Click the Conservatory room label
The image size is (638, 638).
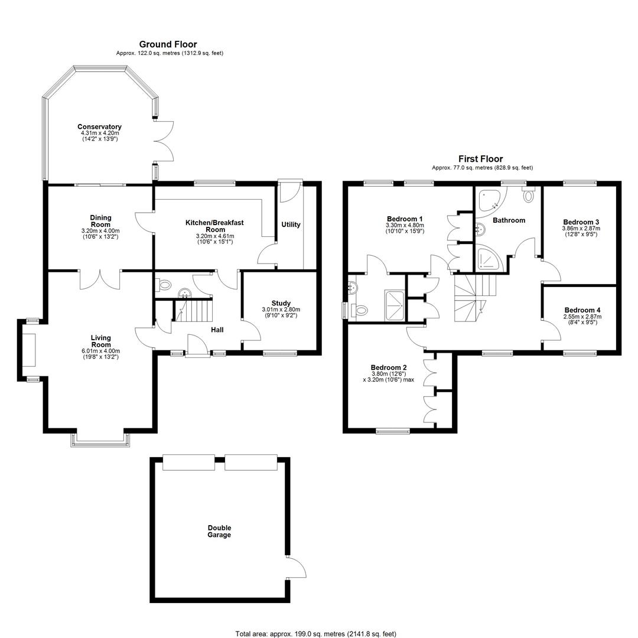pyautogui.click(x=99, y=126)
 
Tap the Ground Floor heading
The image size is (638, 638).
pyautogui.click(x=168, y=44)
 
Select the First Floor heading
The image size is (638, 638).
pyautogui.click(x=480, y=159)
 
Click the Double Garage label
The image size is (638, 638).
pyautogui.click(x=219, y=531)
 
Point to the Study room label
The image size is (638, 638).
pyautogui.click(x=281, y=303)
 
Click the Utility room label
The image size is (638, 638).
pyautogui.click(x=291, y=224)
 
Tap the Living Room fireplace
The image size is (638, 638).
pyautogui.click(x=29, y=350)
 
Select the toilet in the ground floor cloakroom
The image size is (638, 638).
pyautogui.click(x=163, y=284)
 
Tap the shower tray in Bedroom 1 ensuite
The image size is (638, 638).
pyautogui.click(x=394, y=305)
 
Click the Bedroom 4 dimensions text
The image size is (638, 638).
pyautogui.click(x=582, y=320)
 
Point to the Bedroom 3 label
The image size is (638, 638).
pyautogui.click(x=581, y=222)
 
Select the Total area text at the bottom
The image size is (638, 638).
pyautogui.click(x=315, y=634)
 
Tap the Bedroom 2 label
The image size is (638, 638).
pyautogui.click(x=389, y=367)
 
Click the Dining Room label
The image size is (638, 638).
pyautogui.click(x=100, y=221)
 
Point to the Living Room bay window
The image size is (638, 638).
pyautogui.click(x=100, y=440)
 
